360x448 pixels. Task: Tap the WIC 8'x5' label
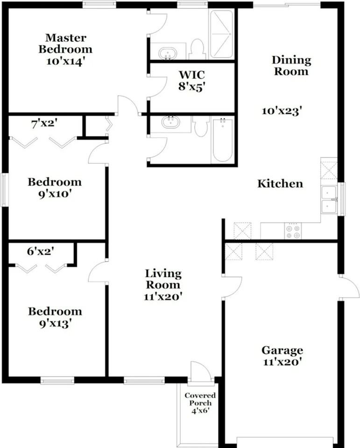[192, 80]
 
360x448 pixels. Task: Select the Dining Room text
[291, 66]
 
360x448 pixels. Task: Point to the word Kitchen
[280, 183]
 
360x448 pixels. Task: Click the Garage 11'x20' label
[282, 356]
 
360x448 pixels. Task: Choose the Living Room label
[163, 285]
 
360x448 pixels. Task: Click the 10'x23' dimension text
[282, 111]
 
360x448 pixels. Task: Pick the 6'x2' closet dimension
[41, 251]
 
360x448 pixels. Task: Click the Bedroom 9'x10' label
[55, 188]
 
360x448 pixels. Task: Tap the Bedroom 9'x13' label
[55, 317]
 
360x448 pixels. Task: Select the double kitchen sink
[329, 199]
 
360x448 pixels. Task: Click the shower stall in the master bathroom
[222, 34]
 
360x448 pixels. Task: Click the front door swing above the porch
[201, 371]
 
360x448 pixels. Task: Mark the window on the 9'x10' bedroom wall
[4, 190]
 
